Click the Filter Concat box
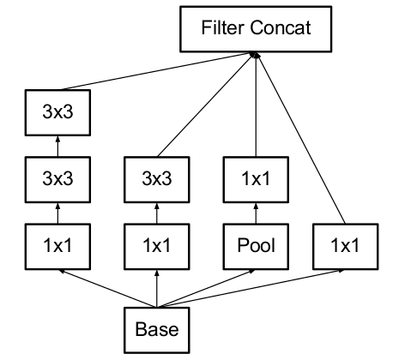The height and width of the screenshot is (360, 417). pos(256,29)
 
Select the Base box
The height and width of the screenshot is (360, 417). pos(157,330)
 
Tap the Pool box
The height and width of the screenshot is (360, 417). pos(256,247)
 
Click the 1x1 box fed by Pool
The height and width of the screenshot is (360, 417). pos(256,179)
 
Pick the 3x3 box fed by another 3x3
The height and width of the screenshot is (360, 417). pos(57,112)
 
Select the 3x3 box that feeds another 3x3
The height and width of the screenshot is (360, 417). pos(57,179)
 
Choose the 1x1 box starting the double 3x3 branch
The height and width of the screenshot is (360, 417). pos(57,247)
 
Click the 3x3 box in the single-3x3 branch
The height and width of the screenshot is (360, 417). pos(157,179)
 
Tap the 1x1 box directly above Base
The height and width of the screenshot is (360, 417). pos(157,247)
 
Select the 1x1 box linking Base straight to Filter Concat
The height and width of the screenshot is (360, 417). pos(346,247)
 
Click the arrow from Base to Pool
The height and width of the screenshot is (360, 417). pos(206,288)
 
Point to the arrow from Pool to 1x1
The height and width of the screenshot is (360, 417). pos(256,213)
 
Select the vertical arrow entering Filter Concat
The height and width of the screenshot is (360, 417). pos(256,105)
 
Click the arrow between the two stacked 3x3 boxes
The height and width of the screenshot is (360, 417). pos(57,146)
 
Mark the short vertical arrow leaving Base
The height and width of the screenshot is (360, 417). pos(157,288)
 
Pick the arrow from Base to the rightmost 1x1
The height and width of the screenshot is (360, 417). pos(251,288)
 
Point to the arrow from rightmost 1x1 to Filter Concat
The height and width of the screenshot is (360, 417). pos(301,138)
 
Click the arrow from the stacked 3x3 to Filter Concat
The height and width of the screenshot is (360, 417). pos(157,71)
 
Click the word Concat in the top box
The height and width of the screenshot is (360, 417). pos(281,27)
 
